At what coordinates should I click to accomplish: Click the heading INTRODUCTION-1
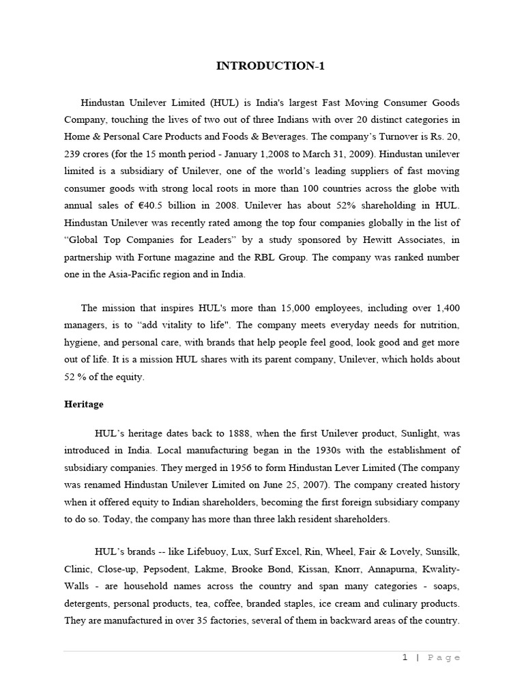tap(261, 66)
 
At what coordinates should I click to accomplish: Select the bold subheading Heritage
tap(84, 404)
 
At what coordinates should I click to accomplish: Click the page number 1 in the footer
tap(405, 657)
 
